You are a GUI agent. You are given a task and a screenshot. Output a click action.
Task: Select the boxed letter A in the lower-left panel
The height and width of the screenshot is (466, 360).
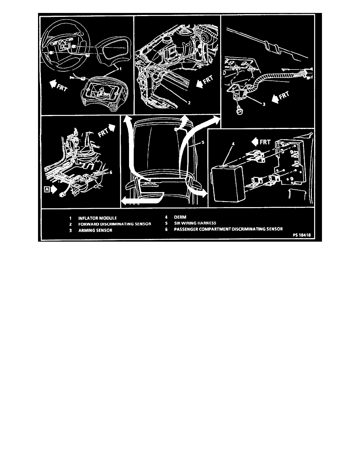[x=47, y=189]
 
